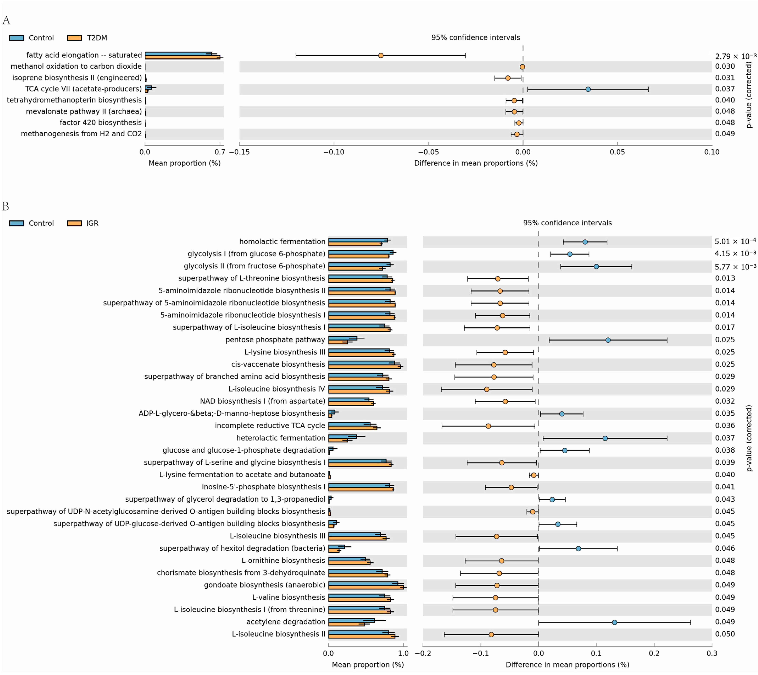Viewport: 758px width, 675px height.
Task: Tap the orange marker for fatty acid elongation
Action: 380,56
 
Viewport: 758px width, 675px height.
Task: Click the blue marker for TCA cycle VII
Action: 588,89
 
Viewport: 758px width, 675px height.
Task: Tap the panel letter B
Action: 5,207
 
